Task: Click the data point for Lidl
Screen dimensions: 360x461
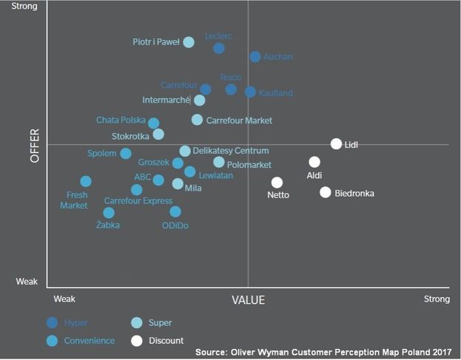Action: pyautogui.click(x=336, y=144)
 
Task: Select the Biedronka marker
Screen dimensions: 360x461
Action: pyautogui.click(x=325, y=192)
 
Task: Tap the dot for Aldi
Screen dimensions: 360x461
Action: pyautogui.click(x=314, y=162)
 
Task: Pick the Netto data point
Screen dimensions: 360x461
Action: pyautogui.click(x=277, y=182)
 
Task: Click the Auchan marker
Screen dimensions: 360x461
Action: pyautogui.click(x=255, y=56)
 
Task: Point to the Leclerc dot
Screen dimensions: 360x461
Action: pyautogui.click(x=219, y=48)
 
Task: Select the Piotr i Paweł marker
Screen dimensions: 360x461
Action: pyautogui.click(x=189, y=42)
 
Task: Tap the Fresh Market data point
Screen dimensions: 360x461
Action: pyautogui.click(x=86, y=181)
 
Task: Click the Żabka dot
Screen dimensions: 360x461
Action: pyautogui.click(x=109, y=213)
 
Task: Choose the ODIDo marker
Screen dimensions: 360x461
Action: pyautogui.click(x=175, y=211)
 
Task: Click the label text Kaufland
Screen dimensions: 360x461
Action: pyautogui.click(x=275, y=93)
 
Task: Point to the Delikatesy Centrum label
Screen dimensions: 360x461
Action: pyautogui.click(x=230, y=151)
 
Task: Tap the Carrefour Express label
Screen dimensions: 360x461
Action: pyautogui.click(x=138, y=200)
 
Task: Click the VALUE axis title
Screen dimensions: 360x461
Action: pyautogui.click(x=248, y=300)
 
